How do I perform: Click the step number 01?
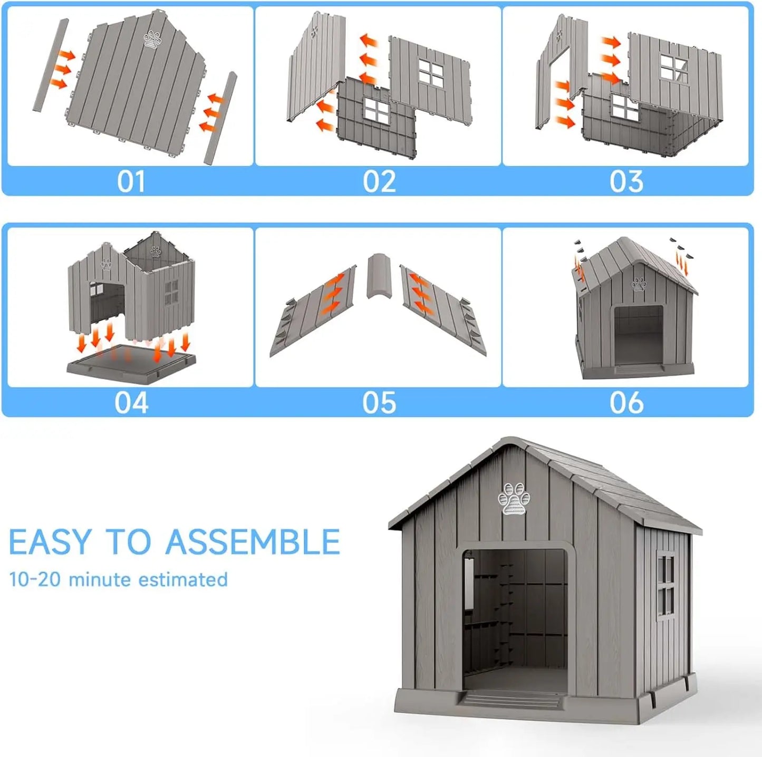131,182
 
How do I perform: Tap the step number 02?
379,182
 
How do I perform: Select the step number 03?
626,182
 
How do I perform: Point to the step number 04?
131,403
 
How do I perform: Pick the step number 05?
379,403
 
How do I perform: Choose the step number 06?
626,403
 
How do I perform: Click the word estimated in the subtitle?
183,579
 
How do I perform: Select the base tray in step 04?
131,364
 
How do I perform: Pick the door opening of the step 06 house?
638,334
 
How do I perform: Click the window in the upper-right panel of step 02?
431,72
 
